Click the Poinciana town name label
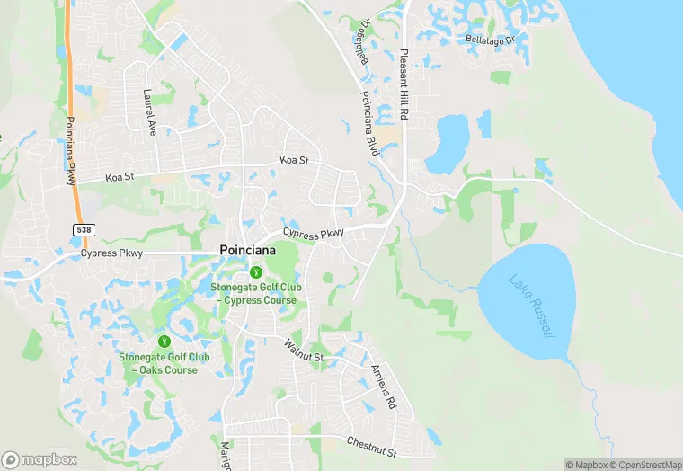click(249, 253)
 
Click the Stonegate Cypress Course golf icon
click(256, 271)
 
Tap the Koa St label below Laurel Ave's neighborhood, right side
click(294, 160)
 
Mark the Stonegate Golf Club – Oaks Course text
click(164, 363)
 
